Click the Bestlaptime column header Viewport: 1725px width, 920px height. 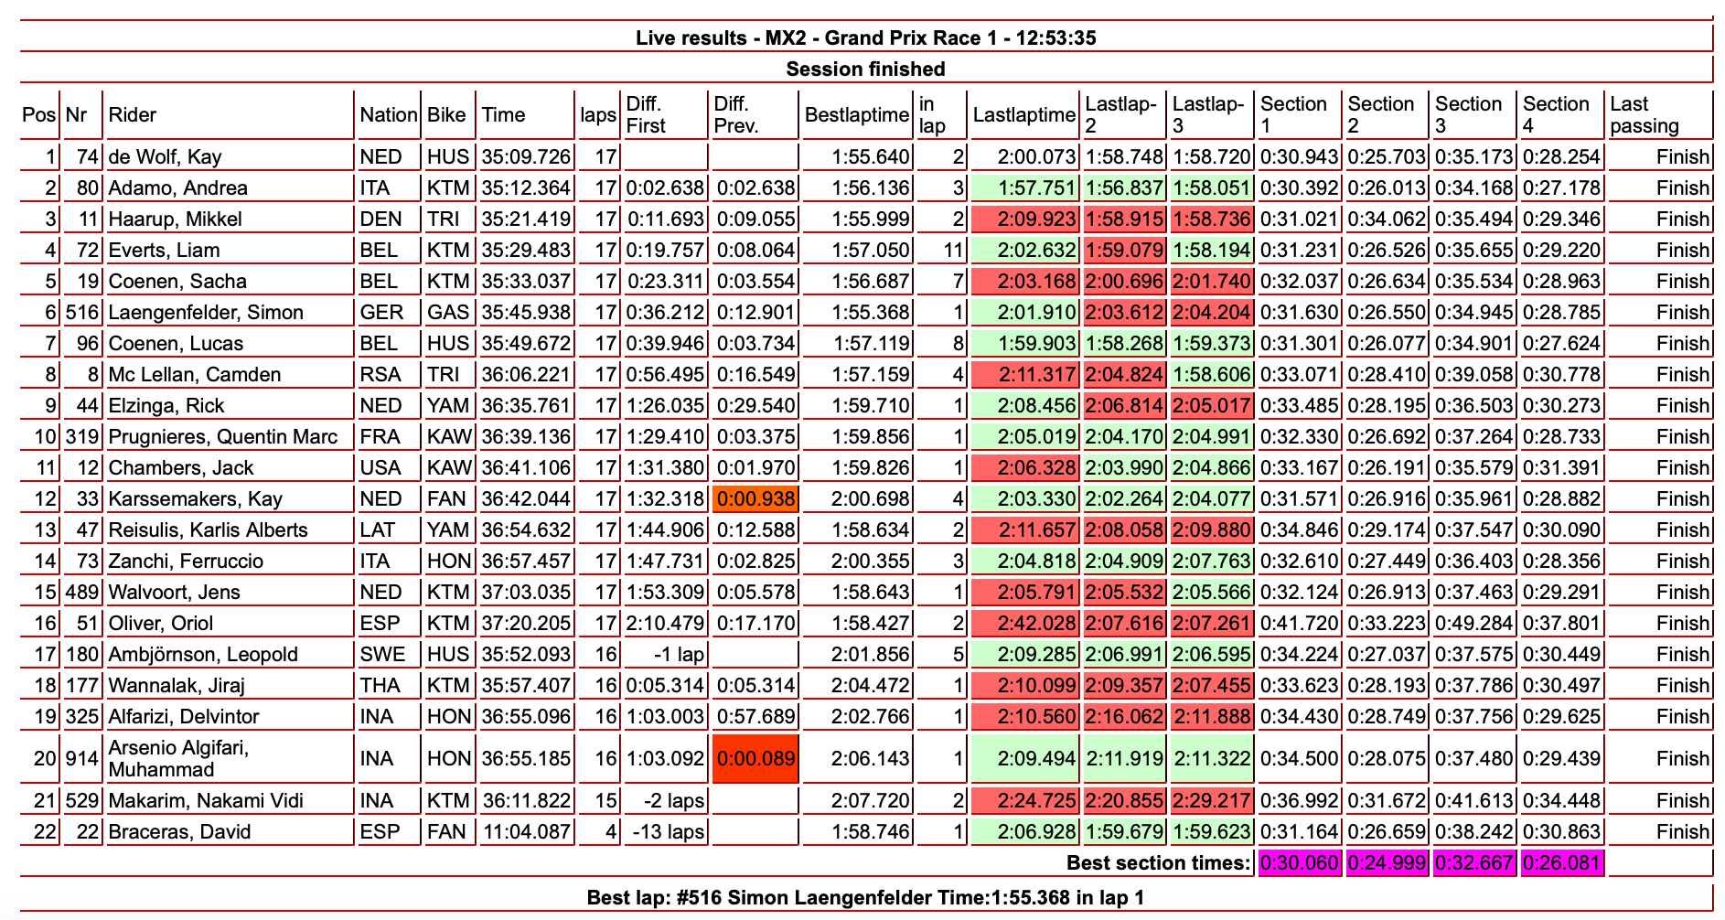click(857, 115)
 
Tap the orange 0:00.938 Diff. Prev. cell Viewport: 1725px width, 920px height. click(755, 499)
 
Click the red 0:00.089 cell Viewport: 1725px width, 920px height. click(755, 758)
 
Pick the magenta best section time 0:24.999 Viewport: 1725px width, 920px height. click(1387, 863)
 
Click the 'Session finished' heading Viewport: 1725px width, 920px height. click(865, 70)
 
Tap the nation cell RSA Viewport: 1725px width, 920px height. click(380, 375)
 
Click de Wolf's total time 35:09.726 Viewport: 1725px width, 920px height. click(527, 157)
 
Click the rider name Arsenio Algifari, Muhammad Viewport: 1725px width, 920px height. click(177, 758)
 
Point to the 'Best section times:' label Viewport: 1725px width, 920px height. click(1158, 863)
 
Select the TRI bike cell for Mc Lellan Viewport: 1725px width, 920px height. click(448, 375)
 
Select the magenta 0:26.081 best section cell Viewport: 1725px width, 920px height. click(1562, 863)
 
